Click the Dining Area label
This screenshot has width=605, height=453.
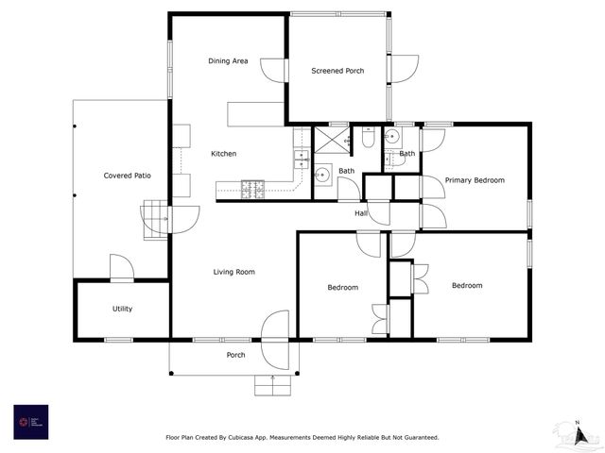228,61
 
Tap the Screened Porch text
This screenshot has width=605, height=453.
337,71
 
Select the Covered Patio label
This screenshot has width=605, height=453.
128,176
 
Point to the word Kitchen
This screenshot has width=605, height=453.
223,154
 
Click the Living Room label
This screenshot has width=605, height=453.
233,273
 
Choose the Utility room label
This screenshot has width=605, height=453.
122,309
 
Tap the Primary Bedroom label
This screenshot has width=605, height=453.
475,180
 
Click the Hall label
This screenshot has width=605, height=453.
361,213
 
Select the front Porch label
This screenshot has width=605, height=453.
235,355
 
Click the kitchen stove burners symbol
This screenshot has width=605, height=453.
253,189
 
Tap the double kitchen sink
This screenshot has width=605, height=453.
302,159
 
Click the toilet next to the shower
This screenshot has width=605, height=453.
369,138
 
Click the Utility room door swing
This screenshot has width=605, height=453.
121,268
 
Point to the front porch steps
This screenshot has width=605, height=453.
271,384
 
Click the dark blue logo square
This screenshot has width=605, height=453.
30,421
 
